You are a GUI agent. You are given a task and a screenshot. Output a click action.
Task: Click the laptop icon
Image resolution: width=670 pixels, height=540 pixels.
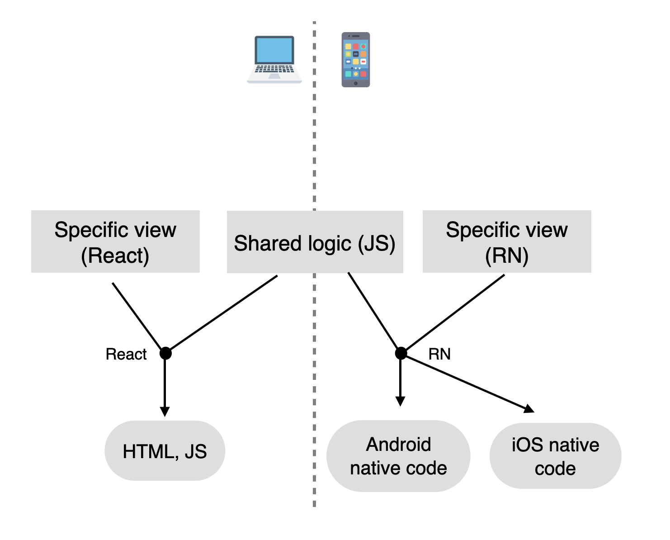[x=274, y=60]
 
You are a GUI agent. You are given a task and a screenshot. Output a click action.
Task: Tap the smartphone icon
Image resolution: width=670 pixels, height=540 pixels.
[x=355, y=60]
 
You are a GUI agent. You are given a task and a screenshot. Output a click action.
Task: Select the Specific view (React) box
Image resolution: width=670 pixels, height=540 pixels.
[x=115, y=242]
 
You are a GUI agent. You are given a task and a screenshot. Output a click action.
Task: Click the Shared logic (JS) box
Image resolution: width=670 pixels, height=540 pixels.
[x=315, y=242]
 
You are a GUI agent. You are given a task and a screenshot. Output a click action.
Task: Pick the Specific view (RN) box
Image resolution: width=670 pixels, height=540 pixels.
[x=506, y=242]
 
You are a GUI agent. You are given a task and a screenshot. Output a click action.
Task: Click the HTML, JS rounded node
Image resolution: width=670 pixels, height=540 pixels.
[x=165, y=450]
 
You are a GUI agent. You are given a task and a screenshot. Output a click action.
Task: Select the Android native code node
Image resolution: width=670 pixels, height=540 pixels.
[x=398, y=456]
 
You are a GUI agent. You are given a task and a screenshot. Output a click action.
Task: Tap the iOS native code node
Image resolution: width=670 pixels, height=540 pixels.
[x=556, y=456]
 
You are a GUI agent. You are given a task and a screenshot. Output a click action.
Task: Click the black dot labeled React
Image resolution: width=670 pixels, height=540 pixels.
[x=165, y=353]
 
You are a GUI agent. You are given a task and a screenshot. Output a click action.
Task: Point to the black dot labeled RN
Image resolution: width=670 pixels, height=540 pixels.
[x=401, y=353]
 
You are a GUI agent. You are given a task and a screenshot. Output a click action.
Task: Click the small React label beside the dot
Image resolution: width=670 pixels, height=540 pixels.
[x=126, y=354]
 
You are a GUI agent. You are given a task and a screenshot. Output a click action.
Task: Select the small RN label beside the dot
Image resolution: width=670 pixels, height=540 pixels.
[x=439, y=354]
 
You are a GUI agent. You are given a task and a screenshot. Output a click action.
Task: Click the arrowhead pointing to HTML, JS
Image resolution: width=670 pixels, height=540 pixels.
[x=165, y=412]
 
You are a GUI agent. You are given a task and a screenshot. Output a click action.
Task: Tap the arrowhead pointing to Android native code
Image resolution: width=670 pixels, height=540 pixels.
[x=400, y=402]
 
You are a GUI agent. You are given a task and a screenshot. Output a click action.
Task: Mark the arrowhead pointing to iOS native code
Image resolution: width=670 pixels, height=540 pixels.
[x=529, y=409]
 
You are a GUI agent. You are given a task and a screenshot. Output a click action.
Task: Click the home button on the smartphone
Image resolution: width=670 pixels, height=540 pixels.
[x=355, y=83]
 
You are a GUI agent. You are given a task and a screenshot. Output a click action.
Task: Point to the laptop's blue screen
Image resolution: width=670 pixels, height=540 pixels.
[x=274, y=50]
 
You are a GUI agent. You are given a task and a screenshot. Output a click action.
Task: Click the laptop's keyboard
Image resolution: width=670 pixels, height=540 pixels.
[x=274, y=69]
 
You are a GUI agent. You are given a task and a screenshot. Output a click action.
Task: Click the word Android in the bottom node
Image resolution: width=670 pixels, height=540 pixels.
[x=398, y=444]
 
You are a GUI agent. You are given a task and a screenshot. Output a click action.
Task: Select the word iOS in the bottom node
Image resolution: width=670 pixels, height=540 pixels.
[x=528, y=445]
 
